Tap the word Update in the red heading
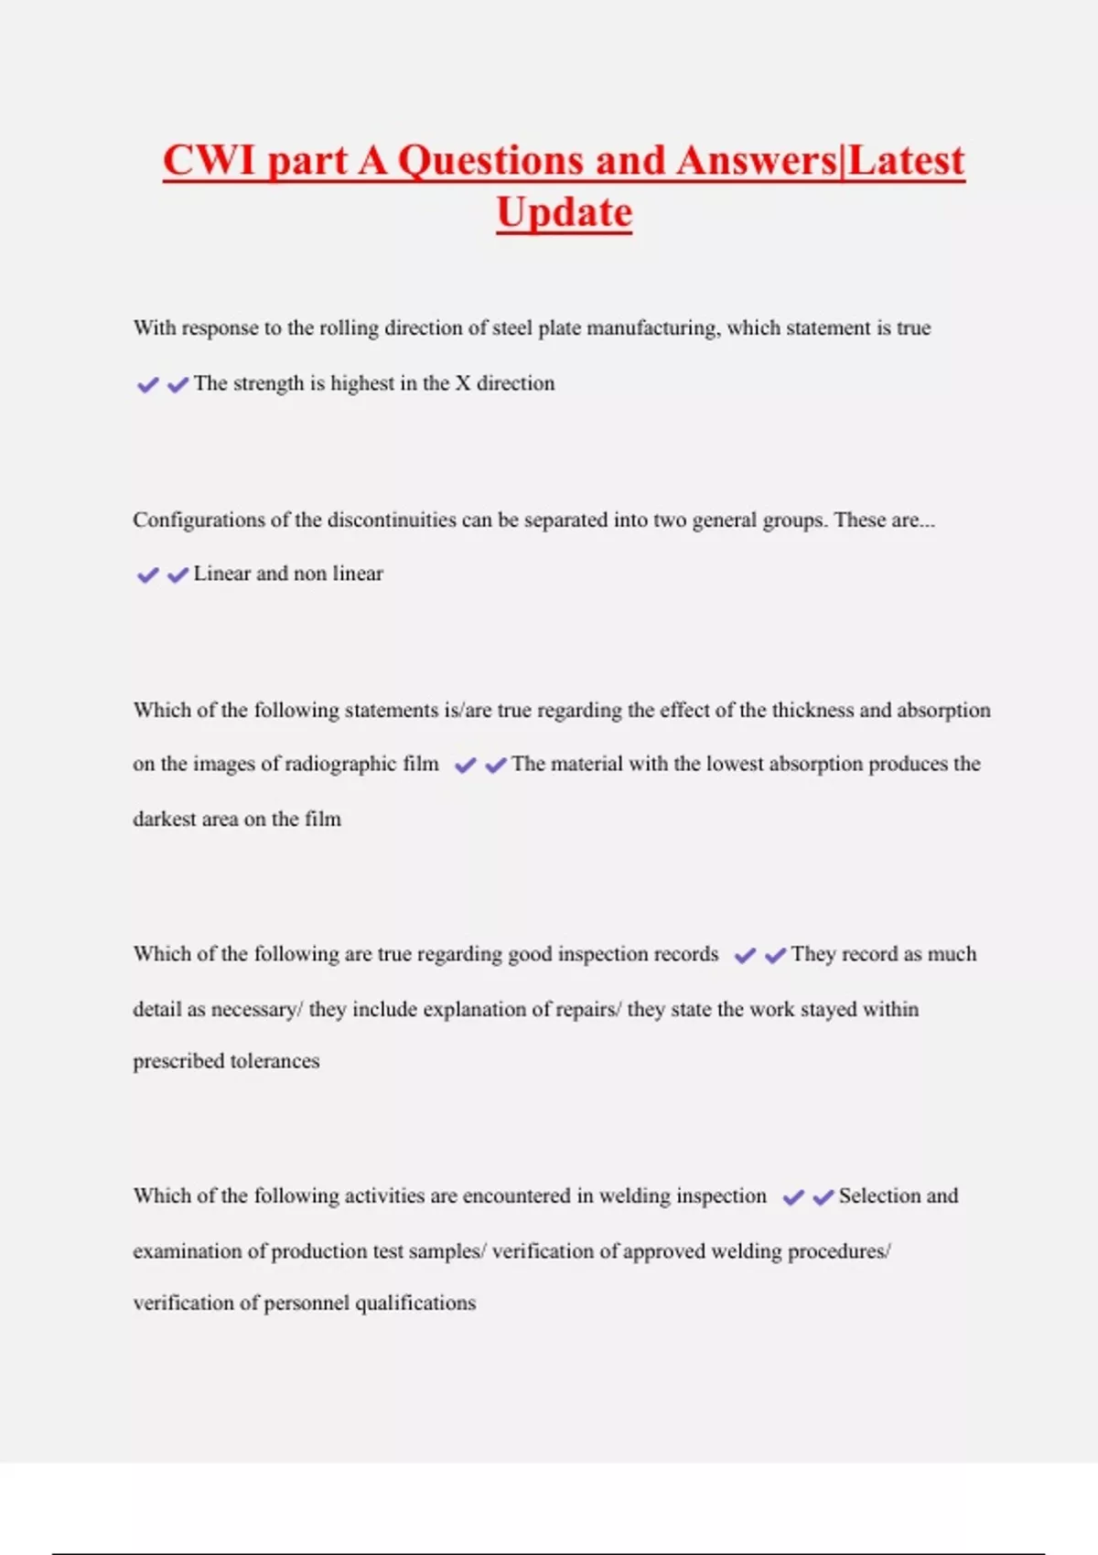click(564, 212)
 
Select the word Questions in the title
click(490, 161)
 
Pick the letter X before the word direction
click(463, 383)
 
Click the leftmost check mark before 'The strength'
click(147, 385)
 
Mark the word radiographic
click(341, 765)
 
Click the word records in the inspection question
click(683, 954)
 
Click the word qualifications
click(415, 1303)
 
